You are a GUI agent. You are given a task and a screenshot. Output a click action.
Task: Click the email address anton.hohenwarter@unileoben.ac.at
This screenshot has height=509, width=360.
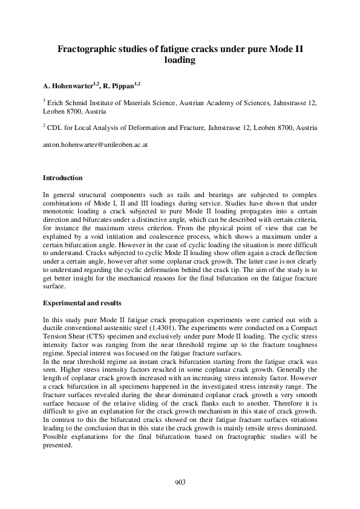coord(96,146)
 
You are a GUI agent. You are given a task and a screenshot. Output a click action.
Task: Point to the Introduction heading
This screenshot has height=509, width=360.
coord(62,178)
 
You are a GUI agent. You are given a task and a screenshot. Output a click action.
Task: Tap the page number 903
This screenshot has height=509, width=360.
coord(180,482)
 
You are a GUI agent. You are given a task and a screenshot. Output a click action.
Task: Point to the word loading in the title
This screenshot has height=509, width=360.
coord(179,60)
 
